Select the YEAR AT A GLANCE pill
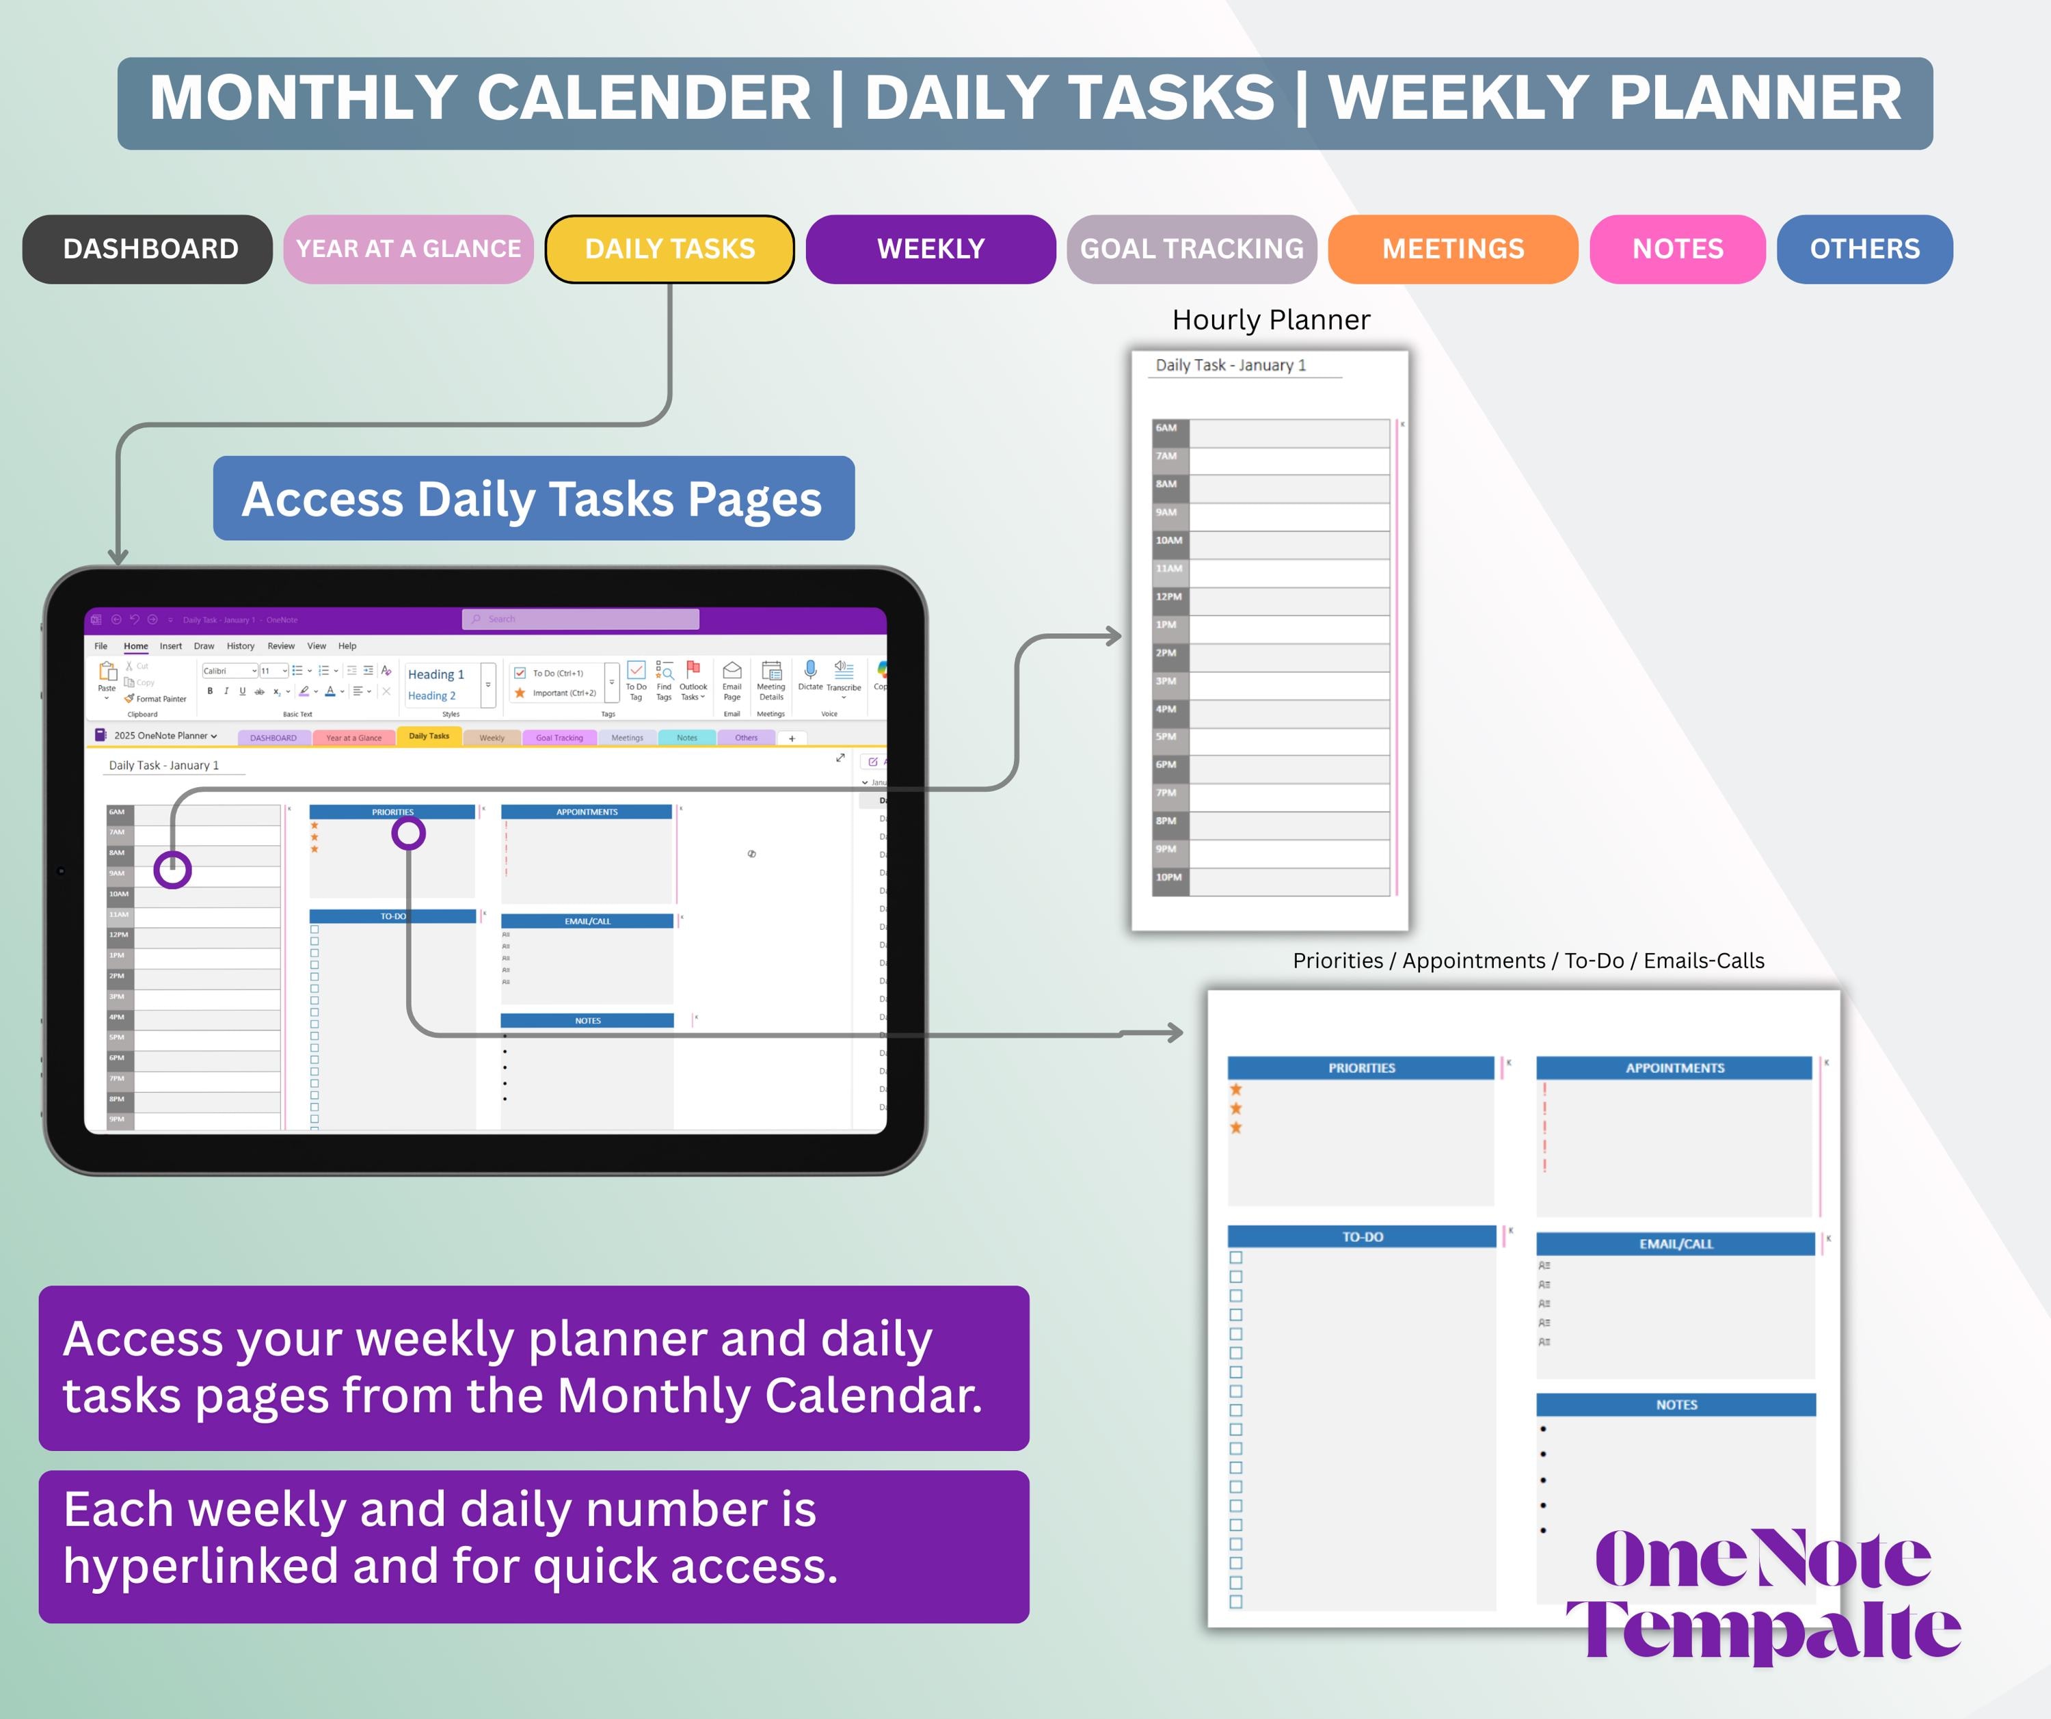(x=408, y=249)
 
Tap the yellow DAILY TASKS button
(x=669, y=249)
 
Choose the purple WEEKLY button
(x=930, y=249)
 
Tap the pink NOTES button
(x=1677, y=249)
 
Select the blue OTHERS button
(x=1864, y=249)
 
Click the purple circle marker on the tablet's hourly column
(x=173, y=869)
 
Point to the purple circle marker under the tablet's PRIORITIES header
(x=408, y=833)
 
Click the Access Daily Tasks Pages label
(x=533, y=499)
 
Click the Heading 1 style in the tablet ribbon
(x=435, y=675)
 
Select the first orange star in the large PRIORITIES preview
(x=1235, y=1090)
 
